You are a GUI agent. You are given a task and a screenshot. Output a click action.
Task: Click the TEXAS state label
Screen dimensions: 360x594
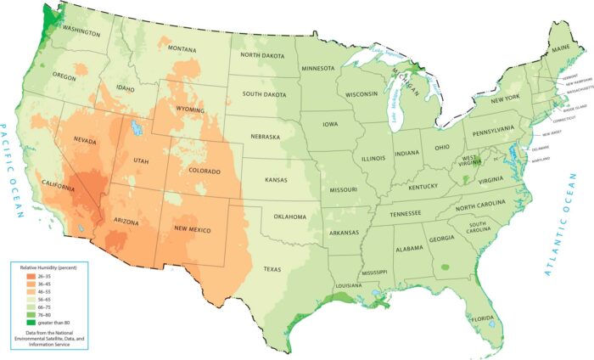(x=272, y=269)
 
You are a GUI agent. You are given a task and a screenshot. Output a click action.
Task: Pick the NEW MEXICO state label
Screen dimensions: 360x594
(x=192, y=230)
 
